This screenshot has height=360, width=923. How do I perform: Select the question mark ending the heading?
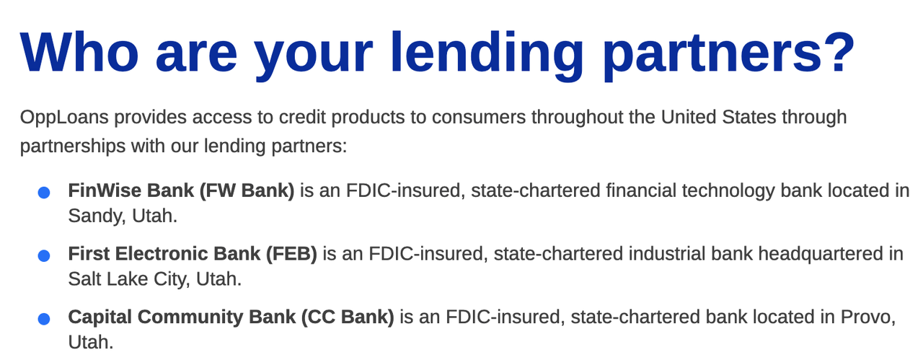[x=834, y=53]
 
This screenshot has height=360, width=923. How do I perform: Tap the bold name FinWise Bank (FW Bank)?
[x=181, y=191]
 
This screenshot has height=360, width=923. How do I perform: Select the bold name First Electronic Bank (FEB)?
[x=193, y=255]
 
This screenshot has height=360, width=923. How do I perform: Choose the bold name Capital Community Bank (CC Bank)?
[x=231, y=317]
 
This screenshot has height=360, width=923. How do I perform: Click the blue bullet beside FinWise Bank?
[x=43, y=193]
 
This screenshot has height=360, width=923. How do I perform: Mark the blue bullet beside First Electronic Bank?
[x=43, y=255]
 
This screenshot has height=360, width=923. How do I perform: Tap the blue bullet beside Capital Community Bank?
[x=43, y=319]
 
